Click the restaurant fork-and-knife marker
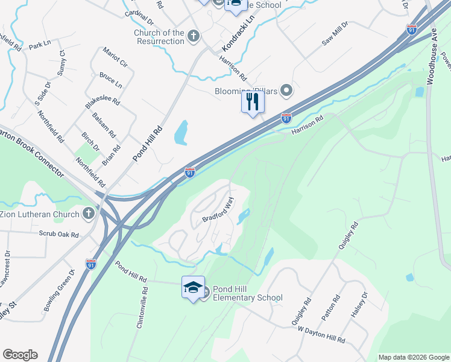[253, 101]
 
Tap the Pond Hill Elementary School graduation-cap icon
[193, 288]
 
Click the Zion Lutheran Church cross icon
[89, 214]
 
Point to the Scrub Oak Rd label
[59, 234]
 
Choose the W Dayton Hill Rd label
[321, 335]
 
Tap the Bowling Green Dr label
[58, 290]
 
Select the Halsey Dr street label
[358, 308]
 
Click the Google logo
[20, 355]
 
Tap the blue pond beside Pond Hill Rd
[181, 133]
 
